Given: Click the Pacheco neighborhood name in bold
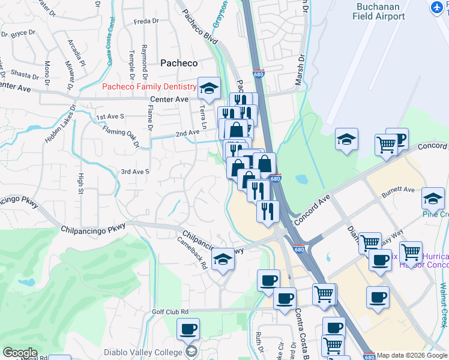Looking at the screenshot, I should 179,62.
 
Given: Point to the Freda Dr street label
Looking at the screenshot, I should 146,21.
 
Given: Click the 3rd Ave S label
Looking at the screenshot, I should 134,172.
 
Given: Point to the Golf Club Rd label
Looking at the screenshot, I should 170,311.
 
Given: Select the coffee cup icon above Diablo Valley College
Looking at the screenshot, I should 188,329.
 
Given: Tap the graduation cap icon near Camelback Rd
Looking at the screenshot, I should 223,259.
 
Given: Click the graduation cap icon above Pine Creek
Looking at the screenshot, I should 433,199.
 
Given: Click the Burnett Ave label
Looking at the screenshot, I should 399,191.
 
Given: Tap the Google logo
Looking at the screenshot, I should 20,353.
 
